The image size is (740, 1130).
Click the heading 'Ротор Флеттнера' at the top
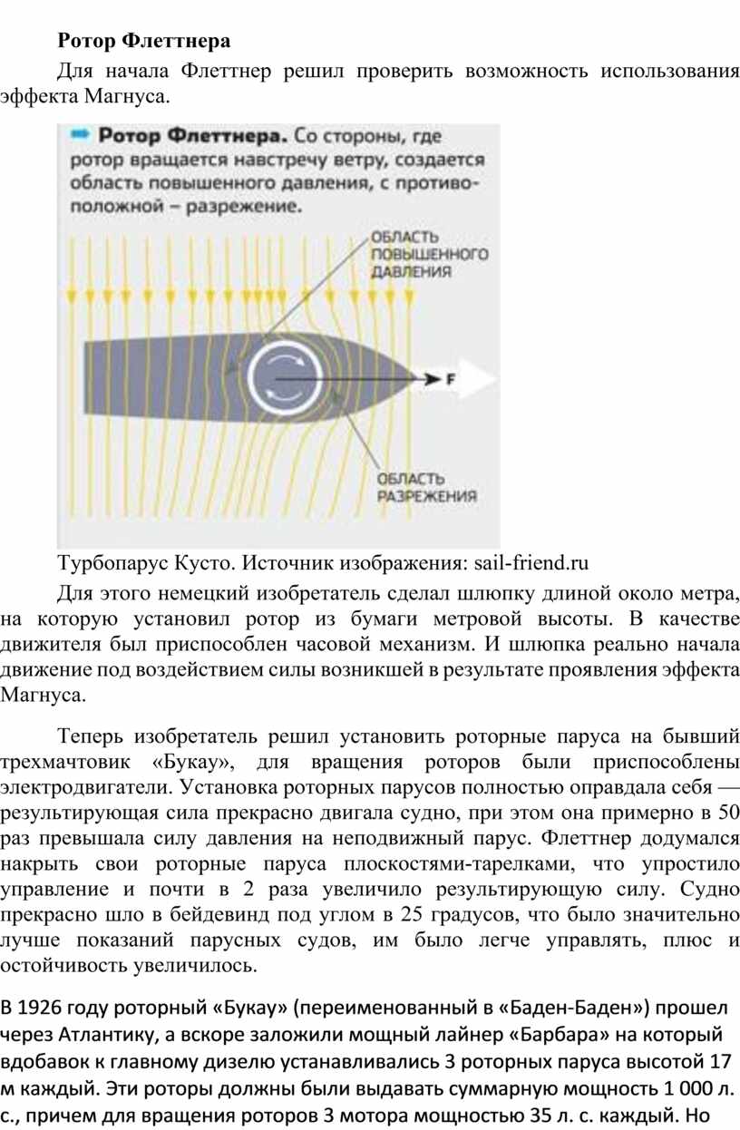[x=144, y=40]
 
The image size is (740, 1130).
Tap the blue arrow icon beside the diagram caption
[x=80, y=134]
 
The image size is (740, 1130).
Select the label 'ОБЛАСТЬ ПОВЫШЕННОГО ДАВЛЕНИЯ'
[x=430, y=254]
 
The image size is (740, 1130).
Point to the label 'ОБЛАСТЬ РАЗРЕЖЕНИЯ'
[x=427, y=487]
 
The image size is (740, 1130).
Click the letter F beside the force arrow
[x=450, y=378]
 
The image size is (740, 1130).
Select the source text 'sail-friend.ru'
[x=531, y=562]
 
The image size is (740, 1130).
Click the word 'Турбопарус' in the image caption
[x=112, y=563]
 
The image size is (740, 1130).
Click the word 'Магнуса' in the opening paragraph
[x=124, y=96]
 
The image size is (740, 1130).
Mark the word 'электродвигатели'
[x=86, y=786]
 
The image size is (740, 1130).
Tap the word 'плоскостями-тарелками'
[x=460, y=863]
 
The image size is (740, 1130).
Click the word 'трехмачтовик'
[x=65, y=762]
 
